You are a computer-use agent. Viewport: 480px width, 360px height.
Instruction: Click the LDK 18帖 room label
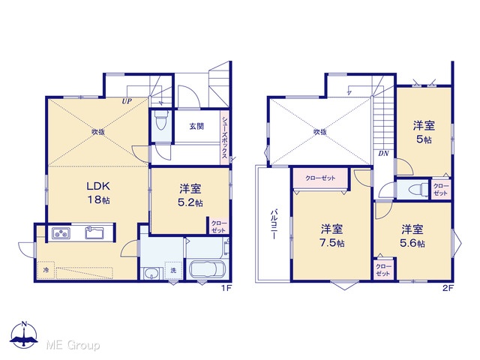tap(98, 193)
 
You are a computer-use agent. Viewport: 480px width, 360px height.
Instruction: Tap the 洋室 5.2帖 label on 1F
tap(190, 196)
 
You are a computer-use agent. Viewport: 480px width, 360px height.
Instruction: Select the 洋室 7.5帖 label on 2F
tap(331, 235)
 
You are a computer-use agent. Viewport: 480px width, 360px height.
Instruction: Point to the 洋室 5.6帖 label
tap(412, 235)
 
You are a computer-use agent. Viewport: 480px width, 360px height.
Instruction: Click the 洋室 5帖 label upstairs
tap(424, 132)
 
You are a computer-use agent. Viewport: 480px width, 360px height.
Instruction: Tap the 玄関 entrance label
tap(196, 126)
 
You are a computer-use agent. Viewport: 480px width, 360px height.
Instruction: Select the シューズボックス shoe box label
tap(225, 136)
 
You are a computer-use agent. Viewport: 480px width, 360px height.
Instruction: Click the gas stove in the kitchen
tap(61, 233)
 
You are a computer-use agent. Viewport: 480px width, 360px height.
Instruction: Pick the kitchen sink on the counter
tap(94, 233)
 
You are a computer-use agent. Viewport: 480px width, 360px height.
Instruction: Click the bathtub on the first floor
tap(207, 269)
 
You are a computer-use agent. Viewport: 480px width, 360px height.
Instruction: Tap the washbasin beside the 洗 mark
tap(150, 273)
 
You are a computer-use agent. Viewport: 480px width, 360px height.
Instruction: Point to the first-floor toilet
tap(161, 120)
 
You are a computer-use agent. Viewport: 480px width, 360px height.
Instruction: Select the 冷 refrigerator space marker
tap(46, 270)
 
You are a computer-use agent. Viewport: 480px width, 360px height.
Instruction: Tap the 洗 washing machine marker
tap(173, 270)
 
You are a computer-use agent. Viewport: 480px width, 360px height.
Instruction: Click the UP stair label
tap(127, 101)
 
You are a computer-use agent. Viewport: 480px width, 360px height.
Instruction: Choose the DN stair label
tap(383, 153)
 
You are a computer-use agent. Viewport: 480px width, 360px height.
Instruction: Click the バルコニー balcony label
tap(274, 224)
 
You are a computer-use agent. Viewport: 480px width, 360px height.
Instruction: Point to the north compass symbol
tap(24, 335)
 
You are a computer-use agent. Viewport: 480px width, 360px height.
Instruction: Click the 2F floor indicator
tap(448, 288)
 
